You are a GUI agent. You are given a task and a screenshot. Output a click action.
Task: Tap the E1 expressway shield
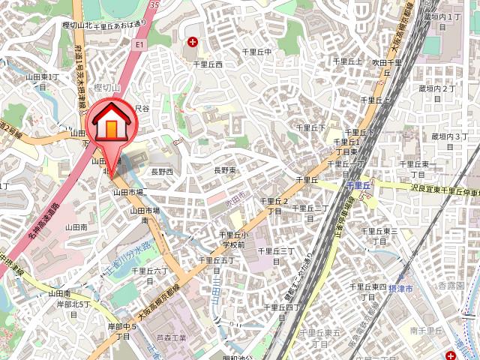point(139,46)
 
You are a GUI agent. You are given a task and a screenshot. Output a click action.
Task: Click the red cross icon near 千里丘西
point(193,42)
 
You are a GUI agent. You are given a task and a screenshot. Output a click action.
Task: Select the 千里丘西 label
point(208,64)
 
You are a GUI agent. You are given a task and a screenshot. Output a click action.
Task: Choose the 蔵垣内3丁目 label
point(449,141)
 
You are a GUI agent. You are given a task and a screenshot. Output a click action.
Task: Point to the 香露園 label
point(451,286)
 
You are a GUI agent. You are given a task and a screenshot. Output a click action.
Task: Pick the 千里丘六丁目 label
point(148,275)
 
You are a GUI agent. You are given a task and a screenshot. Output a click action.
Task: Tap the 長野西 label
point(162,172)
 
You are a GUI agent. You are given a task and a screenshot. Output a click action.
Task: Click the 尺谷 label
point(142,109)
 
